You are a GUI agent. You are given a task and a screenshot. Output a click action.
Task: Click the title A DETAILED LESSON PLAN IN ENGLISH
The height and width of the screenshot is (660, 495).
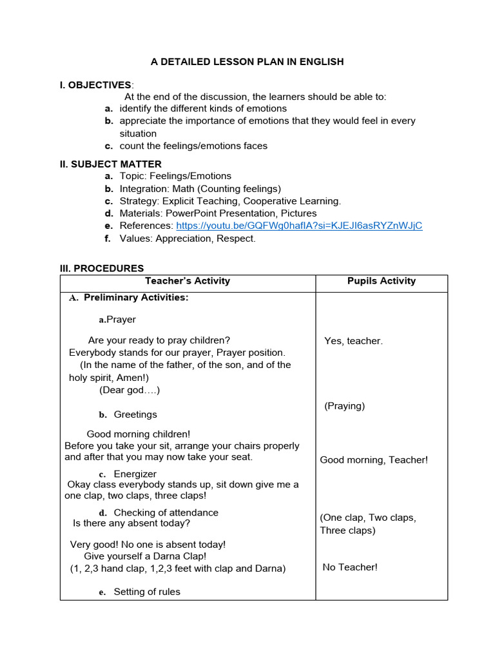247,62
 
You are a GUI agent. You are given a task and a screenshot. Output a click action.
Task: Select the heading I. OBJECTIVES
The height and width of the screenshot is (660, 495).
95,85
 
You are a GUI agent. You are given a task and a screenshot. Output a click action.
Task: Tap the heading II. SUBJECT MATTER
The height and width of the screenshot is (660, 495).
110,164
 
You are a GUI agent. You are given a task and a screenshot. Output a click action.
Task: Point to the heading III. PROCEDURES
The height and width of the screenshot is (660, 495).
102,268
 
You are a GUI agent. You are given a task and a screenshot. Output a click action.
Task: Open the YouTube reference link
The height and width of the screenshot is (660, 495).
299,226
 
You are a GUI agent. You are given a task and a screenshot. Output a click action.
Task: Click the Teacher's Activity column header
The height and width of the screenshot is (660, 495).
187,281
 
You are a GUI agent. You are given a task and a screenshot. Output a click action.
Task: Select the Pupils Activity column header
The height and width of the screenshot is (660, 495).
381,281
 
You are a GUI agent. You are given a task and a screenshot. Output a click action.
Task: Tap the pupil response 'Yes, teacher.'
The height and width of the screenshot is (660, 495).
353,341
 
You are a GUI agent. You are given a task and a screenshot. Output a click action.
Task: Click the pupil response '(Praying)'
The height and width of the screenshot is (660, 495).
344,406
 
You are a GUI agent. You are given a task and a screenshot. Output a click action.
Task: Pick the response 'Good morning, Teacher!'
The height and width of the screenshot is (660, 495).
374,460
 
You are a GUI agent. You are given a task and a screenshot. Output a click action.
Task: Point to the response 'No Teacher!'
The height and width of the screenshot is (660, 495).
350,567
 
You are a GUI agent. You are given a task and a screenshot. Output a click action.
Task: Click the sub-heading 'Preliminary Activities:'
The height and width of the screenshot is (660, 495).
136,298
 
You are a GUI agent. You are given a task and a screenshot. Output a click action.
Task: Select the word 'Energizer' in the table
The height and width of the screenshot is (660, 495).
135,474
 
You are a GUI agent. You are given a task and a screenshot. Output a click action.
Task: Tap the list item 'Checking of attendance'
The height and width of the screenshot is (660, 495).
166,512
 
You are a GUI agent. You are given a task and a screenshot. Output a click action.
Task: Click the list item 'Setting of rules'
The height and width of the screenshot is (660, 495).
147,592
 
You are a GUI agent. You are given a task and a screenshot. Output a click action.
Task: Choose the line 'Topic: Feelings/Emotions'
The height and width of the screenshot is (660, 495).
175,176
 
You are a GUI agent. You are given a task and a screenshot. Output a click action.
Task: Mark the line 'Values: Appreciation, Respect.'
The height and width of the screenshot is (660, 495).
187,238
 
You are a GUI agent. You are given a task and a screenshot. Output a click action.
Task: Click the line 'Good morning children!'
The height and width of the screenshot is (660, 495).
139,434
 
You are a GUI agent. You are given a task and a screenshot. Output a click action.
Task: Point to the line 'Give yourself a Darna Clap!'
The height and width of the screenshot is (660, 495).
145,556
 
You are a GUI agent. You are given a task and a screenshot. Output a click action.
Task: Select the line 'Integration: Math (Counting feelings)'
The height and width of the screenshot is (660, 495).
200,189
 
